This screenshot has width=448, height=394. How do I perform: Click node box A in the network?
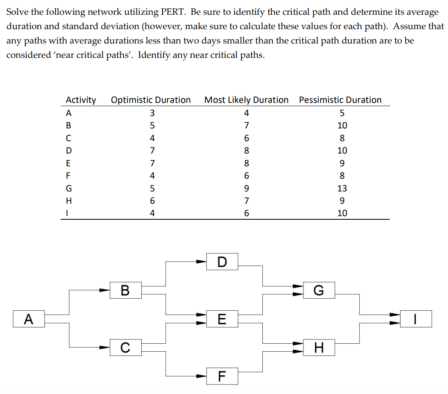28,319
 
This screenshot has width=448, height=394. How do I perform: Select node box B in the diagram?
125,290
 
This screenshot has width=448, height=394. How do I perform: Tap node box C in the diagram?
125,348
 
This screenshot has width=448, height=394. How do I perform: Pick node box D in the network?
222,262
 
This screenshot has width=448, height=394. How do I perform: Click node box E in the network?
222,319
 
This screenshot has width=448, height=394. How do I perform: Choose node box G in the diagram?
319,290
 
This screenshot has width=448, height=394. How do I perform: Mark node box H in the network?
319,348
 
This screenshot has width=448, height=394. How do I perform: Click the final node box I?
416,319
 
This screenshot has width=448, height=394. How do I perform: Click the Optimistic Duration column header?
151,100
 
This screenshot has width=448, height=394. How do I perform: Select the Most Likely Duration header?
246,100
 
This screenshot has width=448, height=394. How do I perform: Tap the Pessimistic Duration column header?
340,100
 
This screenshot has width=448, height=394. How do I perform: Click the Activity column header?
81,100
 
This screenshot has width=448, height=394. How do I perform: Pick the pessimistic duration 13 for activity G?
342,188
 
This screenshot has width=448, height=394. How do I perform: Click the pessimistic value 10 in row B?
342,125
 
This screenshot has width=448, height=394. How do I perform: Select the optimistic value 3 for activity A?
152,113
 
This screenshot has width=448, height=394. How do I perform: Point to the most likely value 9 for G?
246,188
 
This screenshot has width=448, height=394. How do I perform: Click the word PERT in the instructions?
173,12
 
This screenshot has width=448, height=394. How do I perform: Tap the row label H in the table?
68,201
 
